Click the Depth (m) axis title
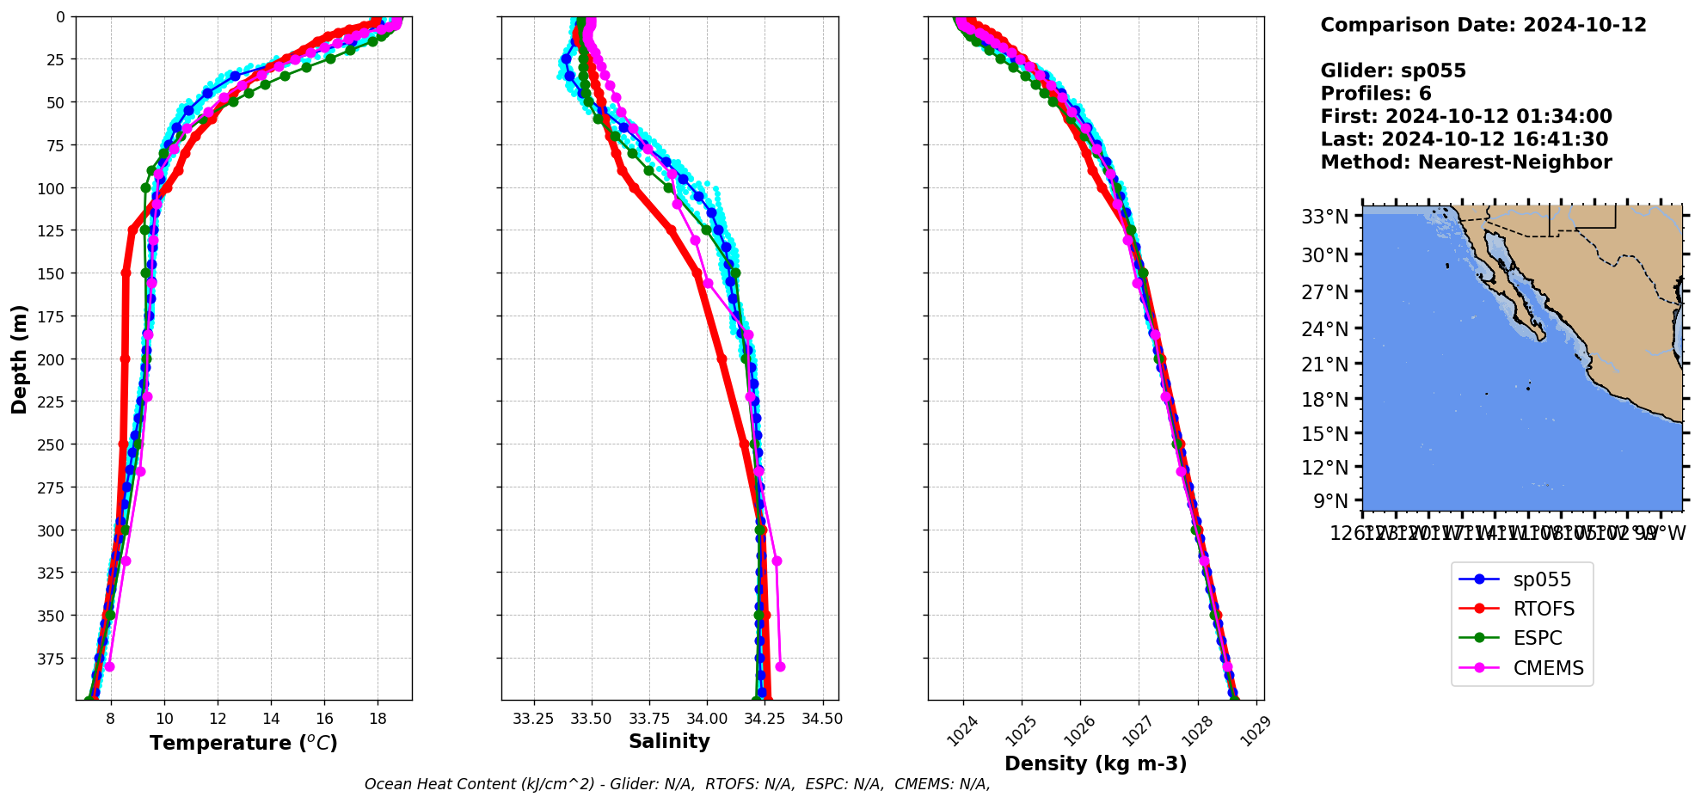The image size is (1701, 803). click(19, 359)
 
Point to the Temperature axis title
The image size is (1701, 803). click(243, 743)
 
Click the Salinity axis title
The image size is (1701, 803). click(669, 741)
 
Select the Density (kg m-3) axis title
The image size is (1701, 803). click(1096, 763)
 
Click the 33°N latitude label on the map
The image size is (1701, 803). click(1324, 216)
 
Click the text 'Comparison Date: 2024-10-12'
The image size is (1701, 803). click(1483, 25)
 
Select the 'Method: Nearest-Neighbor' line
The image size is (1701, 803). click(1466, 162)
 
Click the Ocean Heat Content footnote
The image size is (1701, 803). click(677, 784)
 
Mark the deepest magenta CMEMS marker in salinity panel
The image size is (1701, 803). click(780, 666)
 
